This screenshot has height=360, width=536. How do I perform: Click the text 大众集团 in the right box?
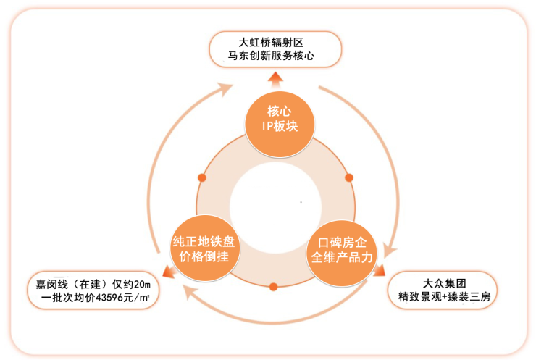click(444, 282)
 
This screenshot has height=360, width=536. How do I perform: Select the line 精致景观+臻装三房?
click(444, 296)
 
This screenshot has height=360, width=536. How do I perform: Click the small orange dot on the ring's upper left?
click(202, 177)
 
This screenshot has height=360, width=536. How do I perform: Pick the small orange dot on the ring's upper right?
click(349, 177)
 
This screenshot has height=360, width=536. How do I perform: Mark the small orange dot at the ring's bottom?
click(273, 287)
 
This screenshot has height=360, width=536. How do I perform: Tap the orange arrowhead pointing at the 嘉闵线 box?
click(168, 272)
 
